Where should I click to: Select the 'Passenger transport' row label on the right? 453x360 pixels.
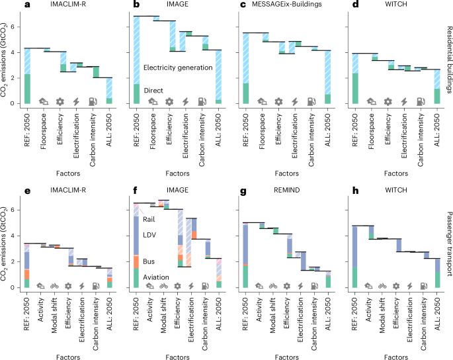click(448, 239)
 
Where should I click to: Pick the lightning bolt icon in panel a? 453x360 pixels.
click(76, 101)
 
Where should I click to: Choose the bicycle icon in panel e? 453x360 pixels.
click(57, 287)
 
